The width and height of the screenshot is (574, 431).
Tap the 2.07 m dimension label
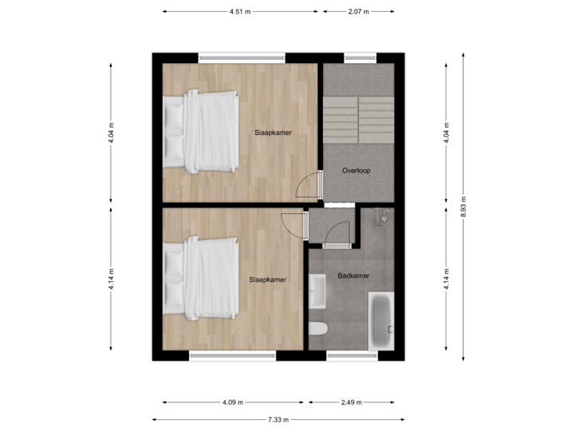tap(358, 12)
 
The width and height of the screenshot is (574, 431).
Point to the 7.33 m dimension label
tap(277, 419)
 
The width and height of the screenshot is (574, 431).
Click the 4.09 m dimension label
tap(234, 402)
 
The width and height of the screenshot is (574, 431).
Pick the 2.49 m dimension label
tap(351, 402)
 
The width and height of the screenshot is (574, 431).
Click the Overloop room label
tap(356, 171)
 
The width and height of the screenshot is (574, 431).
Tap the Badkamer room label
tap(352, 276)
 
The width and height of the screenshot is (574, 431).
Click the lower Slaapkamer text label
tap(267, 279)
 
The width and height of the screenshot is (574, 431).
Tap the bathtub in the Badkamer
tap(380, 320)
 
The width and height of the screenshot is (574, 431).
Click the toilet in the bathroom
tap(317, 329)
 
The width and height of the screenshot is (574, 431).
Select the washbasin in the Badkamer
tap(317, 291)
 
